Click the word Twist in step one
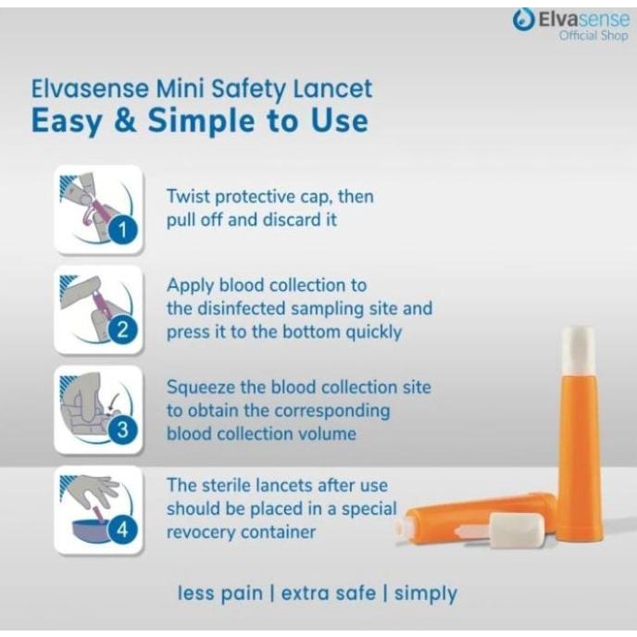pos(189,196)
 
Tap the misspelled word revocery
pos(207,532)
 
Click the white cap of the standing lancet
pos(578,345)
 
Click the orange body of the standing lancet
pos(579,454)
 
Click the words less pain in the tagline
pos(219,593)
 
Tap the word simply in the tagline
pos(426,593)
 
